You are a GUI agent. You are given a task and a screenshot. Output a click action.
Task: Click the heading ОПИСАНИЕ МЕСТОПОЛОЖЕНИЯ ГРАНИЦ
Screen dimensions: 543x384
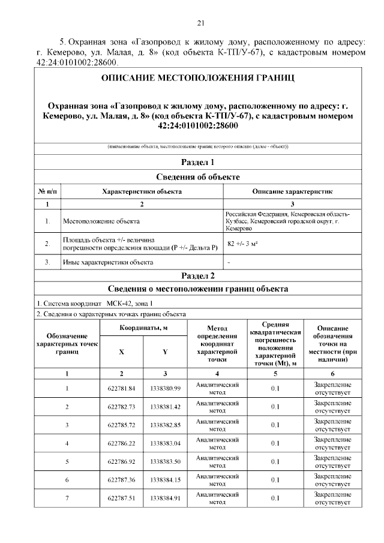[197, 79]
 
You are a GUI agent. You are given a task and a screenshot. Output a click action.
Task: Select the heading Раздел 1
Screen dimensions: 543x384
[197, 162]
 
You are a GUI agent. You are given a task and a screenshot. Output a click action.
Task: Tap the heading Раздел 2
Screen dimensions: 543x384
[197, 275]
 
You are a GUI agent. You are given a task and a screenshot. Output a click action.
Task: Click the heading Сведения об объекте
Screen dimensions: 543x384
[197, 176]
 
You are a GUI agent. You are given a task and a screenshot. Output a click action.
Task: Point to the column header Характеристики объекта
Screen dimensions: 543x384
[142, 191]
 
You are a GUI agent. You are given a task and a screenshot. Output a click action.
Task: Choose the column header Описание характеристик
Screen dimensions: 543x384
[292, 191]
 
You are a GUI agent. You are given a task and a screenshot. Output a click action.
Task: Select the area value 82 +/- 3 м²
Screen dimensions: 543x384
[243, 244]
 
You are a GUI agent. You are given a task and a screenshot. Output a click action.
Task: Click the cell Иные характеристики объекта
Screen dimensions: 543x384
[107, 262]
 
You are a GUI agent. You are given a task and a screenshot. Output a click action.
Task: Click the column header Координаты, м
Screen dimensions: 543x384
[143, 328]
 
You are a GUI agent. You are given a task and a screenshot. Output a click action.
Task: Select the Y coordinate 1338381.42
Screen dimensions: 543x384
[165, 407]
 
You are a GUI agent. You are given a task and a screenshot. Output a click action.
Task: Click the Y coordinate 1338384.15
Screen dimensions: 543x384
[165, 480]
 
